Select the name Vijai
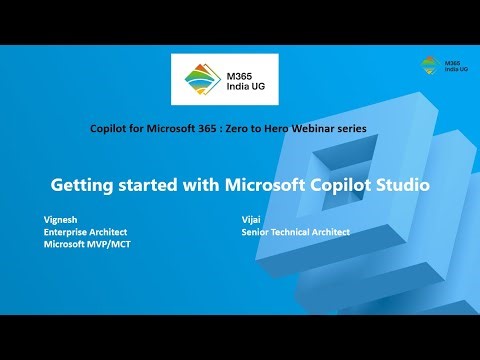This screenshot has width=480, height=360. [x=252, y=217]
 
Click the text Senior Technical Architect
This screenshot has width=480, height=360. [x=295, y=231]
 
